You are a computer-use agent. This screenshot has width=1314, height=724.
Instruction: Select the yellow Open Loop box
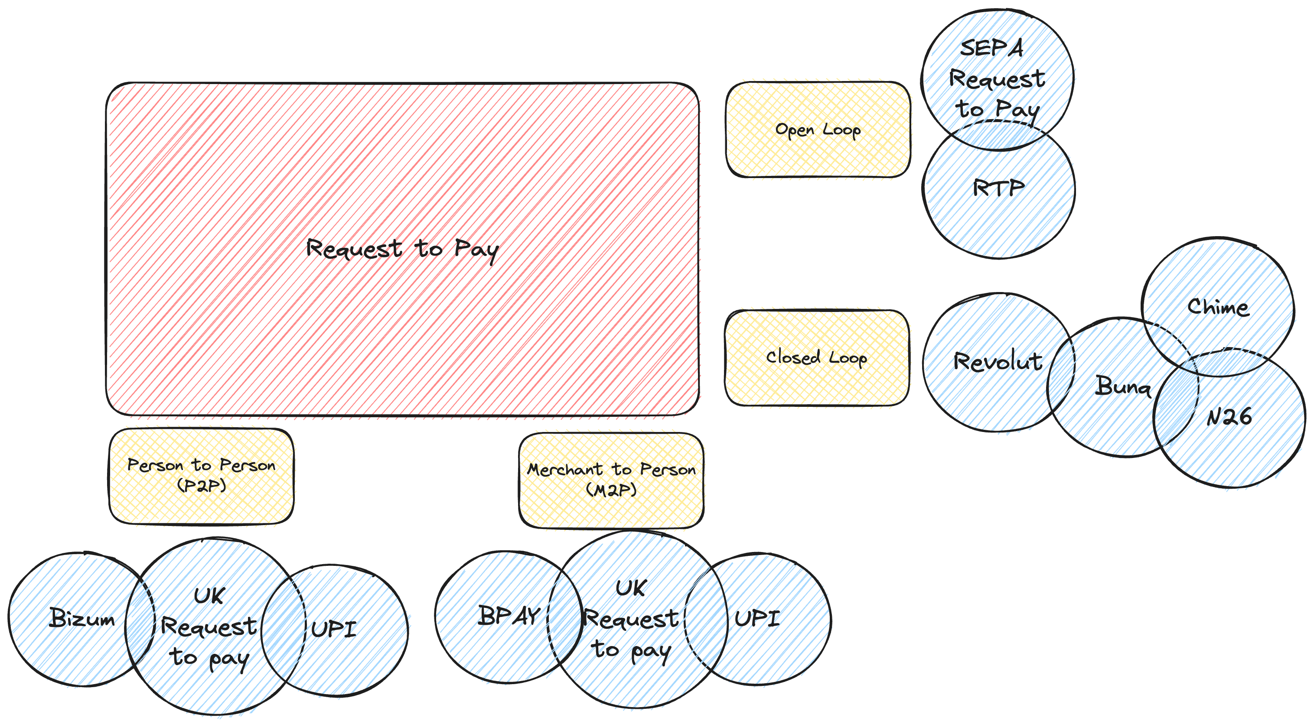coord(818,130)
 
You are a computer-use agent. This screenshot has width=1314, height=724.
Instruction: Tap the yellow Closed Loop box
coord(816,357)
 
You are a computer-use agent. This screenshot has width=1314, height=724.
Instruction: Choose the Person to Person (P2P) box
coord(201,475)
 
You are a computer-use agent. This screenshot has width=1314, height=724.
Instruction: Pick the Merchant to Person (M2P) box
coord(611,480)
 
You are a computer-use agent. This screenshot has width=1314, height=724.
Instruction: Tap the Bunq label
coord(1122,386)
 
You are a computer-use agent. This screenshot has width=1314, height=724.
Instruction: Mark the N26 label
coord(1229,416)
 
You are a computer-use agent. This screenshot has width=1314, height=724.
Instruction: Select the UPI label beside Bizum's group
coord(334,629)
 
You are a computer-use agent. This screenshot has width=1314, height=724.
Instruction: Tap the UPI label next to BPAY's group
coord(757,618)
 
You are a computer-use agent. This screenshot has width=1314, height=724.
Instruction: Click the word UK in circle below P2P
coord(209,595)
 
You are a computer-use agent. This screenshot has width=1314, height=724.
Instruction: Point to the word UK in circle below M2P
coord(631,588)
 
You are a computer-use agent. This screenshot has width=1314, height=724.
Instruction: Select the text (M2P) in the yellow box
coord(611,490)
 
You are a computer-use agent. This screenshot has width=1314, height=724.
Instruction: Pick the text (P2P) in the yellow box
coord(201,485)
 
